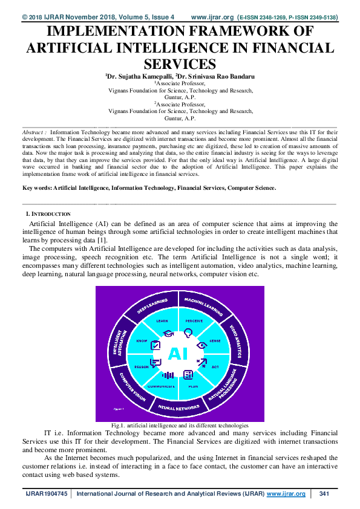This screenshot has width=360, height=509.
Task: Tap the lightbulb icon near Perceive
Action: pyautogui.click(x=188, y=331)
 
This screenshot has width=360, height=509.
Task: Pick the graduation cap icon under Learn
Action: pyautogui.click(x=168, y=333)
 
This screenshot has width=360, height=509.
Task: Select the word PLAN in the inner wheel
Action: pyautogui.click(x=193, y=386)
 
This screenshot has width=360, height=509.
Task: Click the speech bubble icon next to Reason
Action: pyautogui.click(x=155, y=363)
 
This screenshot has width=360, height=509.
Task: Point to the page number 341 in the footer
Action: pyautogui.click(x=324, y=494)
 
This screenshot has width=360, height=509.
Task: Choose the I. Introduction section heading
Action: pyautogui.click(x=48, y=214)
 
